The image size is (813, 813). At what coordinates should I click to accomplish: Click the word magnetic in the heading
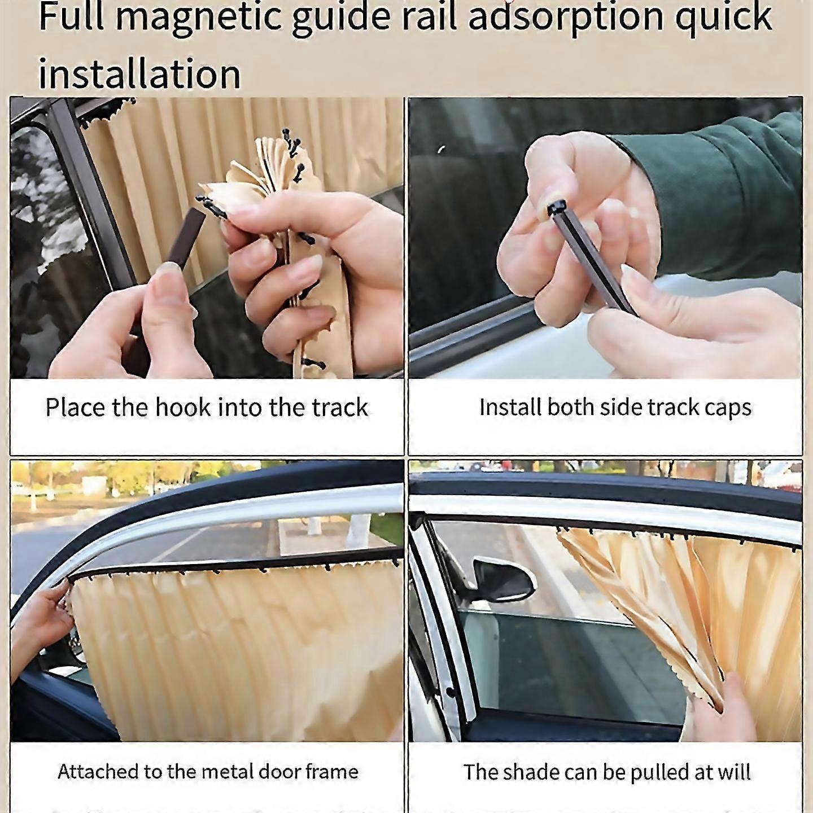(x=198, y=17)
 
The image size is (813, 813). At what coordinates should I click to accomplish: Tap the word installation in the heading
(x=139, y=73)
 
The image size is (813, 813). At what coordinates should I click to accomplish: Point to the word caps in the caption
(x=728, y=408)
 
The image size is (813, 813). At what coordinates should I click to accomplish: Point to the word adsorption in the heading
(x=565, y=17)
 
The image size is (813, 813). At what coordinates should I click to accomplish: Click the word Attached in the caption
(x=98, y=771)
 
